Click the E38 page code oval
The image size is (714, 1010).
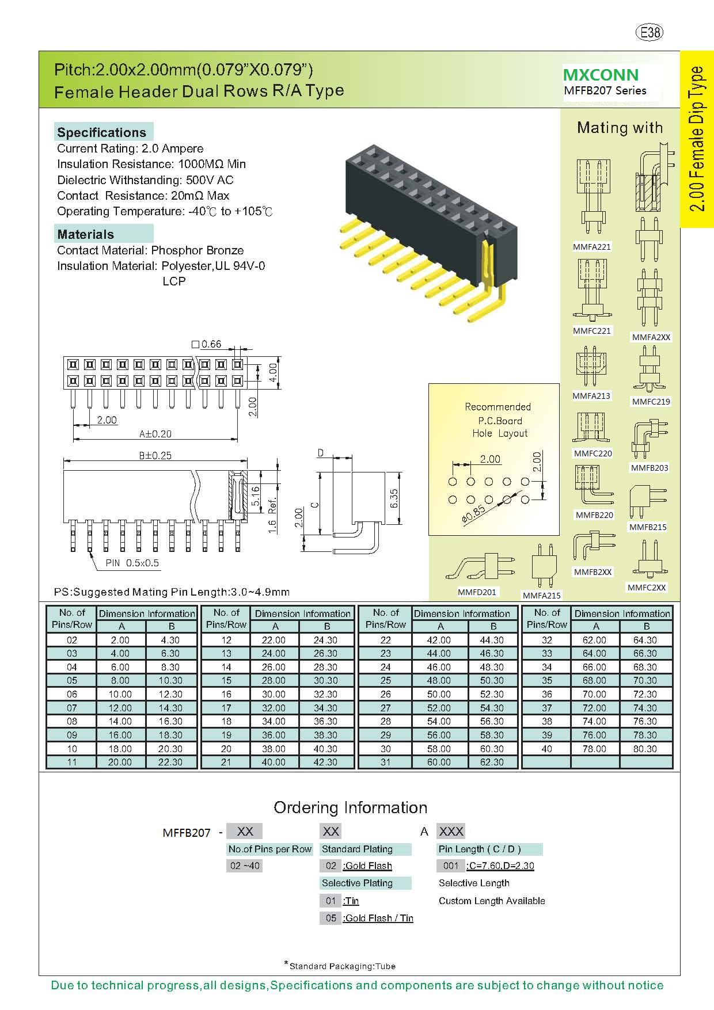[x=650, y=32]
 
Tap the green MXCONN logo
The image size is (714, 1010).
[x=601, y=75]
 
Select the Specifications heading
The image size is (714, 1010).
[x=102, y=132]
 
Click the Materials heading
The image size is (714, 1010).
[x=86, y=234]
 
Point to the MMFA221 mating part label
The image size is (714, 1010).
[x=591, y=247]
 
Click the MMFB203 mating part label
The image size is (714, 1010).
[x=650, y=468]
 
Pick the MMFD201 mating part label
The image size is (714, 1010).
[x=477, y=592]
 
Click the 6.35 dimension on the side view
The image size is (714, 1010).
[x=393, y=498]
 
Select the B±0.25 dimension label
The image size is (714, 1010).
[x=155, y=455]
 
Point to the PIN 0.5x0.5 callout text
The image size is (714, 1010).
[x=132, y=563]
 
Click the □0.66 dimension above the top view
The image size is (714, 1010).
[x=207, y=344]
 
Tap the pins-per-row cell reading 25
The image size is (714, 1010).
[x=385, y=680]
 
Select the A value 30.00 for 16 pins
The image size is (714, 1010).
[x=274, y=694]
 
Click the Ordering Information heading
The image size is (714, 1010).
[x=350, y=807]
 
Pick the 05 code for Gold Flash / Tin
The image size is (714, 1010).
[x=331, y=918]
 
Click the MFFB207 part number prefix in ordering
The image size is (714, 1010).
[x=187, y=833]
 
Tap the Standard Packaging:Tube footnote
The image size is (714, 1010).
[x=342, y=966]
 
